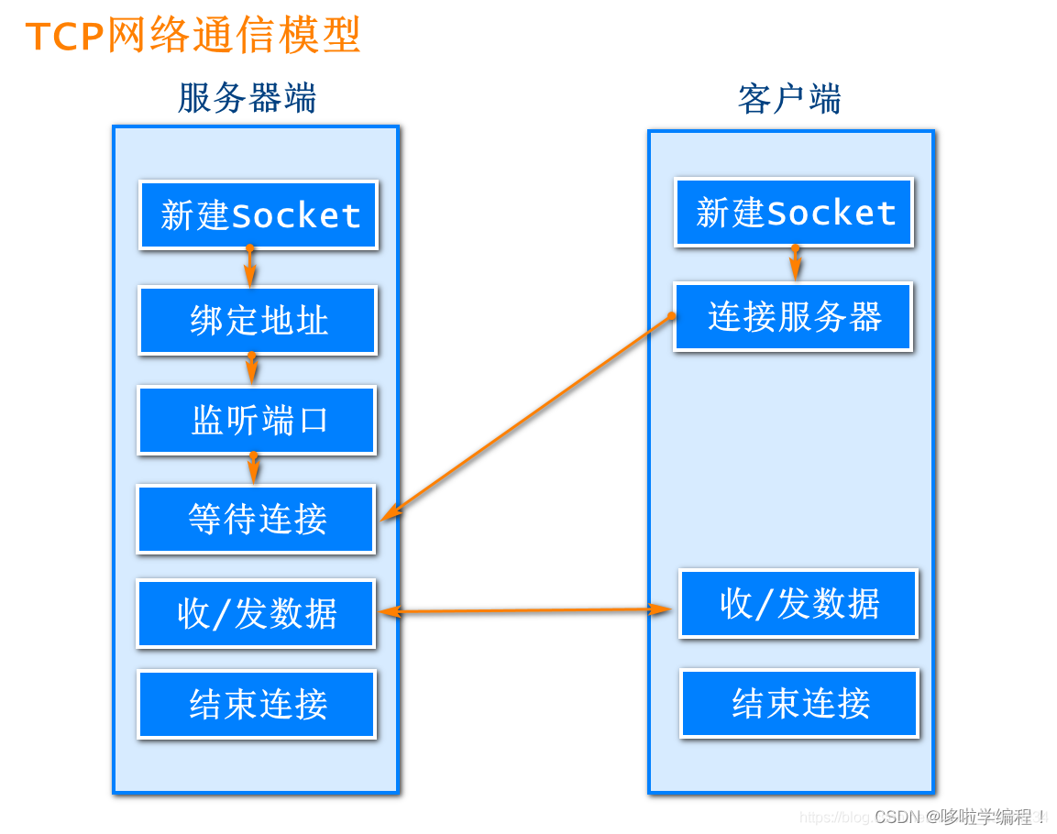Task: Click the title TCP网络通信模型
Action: pyautogui.click(x=193, y=36)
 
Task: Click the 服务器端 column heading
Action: pyautogui.click(x=247, y=98)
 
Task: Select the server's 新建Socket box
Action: pyautogui.click(x=259, y=215)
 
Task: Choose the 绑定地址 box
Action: pyautogui.click(x=258, y=321)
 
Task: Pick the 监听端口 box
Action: pyautogui.click(x=257, y=421)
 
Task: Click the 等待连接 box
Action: pyautogui.click(x=256, y=520)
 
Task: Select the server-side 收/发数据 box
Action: pyautogui.click(x=256, y=613)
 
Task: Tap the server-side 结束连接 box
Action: pyautogui.click(x=257, y=704)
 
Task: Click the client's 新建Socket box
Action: pyautogui.click(x=794, y=213)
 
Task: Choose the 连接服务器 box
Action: pyautogui.click(x=793, y=317)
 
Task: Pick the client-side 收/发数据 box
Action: pyautogui.click(x=798, y=603)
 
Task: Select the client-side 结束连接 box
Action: pyautogui.click(x=799, y=703)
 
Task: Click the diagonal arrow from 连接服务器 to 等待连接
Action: pyautogui.click(x=527, y=418)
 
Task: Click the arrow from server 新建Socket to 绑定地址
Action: pyautogui.click(x=250, y=267)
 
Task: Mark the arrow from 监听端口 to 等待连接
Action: pyautogui.click(x=254, y=468)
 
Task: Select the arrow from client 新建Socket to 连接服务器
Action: pyautogui.click(x=796, y=264)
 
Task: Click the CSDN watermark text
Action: pyautogui.click(x=959, y=816)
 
